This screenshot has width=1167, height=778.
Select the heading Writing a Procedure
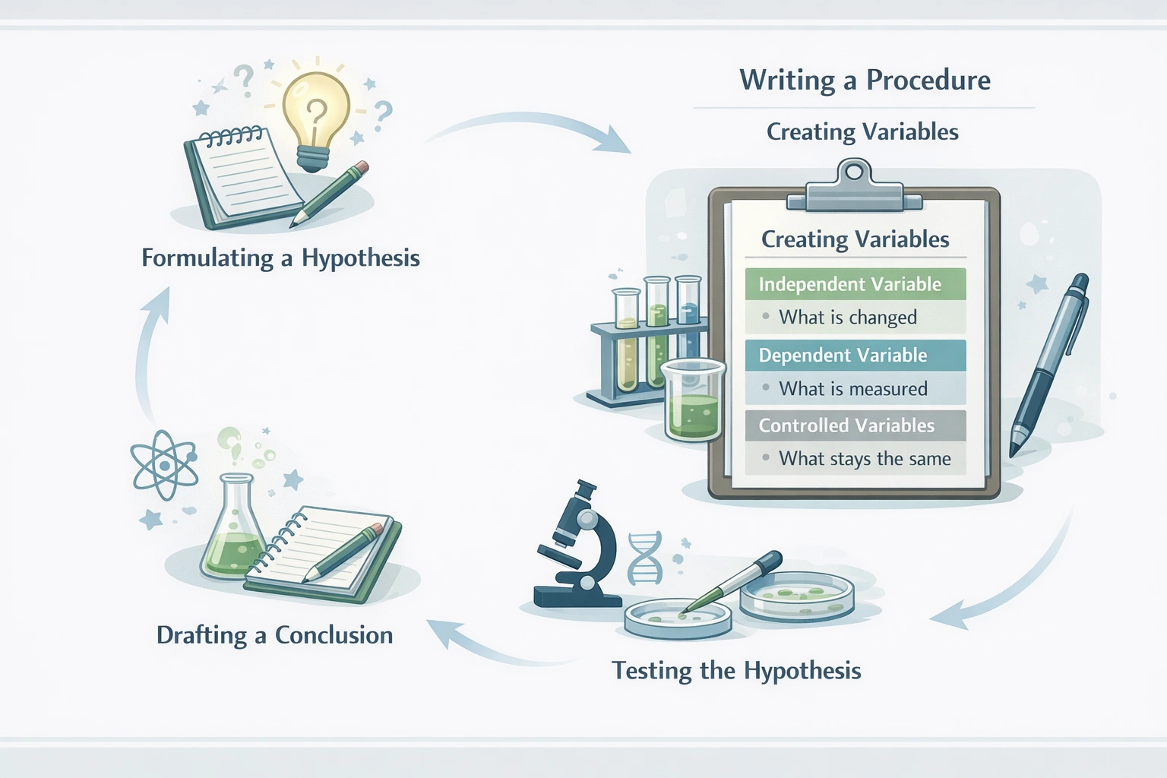click(865, 81)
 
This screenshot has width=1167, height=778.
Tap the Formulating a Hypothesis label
click(280, 258)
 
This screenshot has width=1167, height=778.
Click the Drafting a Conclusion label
click(274, 635)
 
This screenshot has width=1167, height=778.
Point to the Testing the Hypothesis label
click(736, 671)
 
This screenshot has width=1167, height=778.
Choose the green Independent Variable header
click(855, 284)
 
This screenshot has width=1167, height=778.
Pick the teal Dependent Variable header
click(855, 356)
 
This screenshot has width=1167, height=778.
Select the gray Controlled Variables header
click(855, 425)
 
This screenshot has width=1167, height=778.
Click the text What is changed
click(847, 318)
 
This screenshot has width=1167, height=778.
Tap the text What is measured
click(852, 389)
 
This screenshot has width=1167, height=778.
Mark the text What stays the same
click(864, 459)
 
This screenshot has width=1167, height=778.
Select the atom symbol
click(164, 464)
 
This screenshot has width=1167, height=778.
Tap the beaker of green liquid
click(693, 401)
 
